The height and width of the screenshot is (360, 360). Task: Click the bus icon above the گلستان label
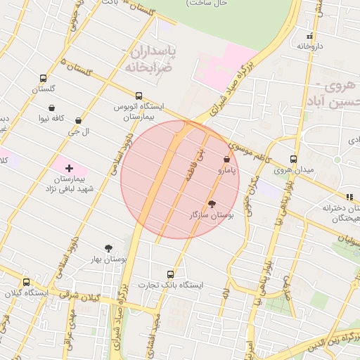pyautogui.click(x=44, y=79)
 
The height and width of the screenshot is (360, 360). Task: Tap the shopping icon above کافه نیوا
pyautogui.click(x=52, y=108)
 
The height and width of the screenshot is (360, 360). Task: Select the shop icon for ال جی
pyautogui.click(x=77, y=121)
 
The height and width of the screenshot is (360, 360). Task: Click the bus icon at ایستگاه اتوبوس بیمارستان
pyautogui.click(x=139, y=96)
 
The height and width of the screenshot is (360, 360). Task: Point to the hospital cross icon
pyautogui.click(x=69, y=168)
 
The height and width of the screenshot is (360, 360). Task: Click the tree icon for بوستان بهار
pyautogui.click(x=108, y=248)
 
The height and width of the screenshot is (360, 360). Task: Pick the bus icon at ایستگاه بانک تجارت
pyautogui.click(x=170, y=274)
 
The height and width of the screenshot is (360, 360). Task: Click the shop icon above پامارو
pyautogui.click(x=226, y=160)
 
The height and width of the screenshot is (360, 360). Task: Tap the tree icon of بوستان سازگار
pyautogui.click(x=212, y=203)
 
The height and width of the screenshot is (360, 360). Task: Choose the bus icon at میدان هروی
pyautogui.click(x=293, y=159)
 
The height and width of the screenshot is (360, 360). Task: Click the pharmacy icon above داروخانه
pyautogui.click(x=309, y=36)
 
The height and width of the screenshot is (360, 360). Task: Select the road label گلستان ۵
pyautogui.click(x=77, y=68)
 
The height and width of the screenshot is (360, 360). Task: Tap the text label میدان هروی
pyautogui.click(x=292, y=171)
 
